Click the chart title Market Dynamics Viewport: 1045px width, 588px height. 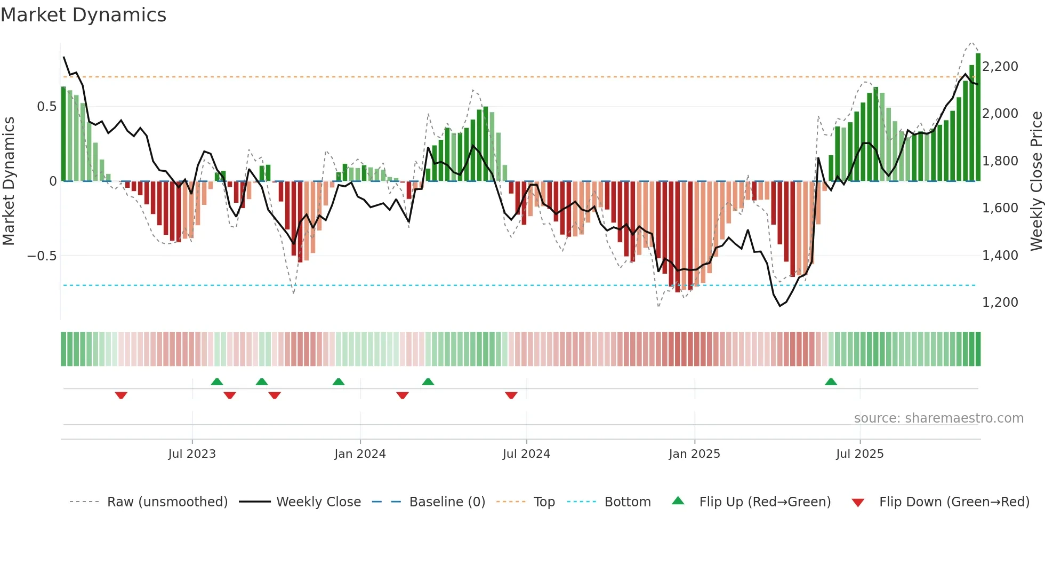click(x=84, y=15)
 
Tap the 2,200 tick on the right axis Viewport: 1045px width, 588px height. click(x=1000, y=67)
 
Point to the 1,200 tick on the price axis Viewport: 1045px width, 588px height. click(x=1000, y=303)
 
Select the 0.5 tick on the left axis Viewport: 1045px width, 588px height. click(x=46, y=107)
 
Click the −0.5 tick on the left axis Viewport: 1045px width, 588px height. click(x=42, y=256)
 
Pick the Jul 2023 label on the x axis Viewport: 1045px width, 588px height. click(x=192, y=454)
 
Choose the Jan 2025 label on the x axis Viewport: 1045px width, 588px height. click(x=694, y=454)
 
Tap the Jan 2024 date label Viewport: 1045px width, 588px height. click(x=360, y=454)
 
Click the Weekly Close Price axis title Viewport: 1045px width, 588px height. click(x=1036, y=181)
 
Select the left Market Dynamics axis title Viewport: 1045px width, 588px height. click(x=9, y=181)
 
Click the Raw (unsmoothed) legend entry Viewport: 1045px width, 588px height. click(x=167, y=502)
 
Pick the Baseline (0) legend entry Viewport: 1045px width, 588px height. click(x=447, y=502)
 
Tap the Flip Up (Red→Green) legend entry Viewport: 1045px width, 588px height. click(x=765, y=502)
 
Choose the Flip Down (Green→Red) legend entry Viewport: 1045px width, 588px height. click(x=954, y=502)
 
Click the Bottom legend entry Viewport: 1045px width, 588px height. click(x=627, y=502)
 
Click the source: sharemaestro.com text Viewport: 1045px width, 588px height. click(x=938, y=418)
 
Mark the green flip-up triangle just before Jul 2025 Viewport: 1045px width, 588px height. click(x=831, y=382)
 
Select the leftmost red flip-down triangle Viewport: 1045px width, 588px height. click(x=121, y=395)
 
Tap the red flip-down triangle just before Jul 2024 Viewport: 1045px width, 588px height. click(x=511, y=395)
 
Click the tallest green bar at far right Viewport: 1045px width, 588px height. click(x=978, y=117)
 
